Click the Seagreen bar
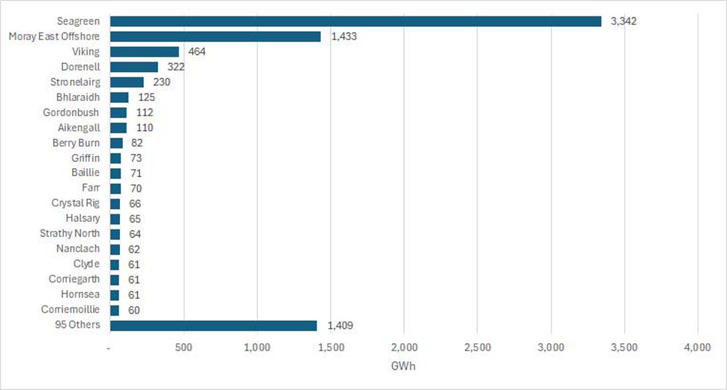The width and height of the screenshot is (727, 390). (355, 21)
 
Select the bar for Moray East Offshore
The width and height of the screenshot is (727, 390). (215, 36)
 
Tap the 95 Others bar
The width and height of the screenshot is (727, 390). (213, 325)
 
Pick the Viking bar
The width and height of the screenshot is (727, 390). (144, 51)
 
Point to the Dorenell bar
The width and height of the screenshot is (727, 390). (134, 67)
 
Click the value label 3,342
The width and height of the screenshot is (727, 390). (624, 21)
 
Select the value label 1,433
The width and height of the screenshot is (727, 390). (344, 36)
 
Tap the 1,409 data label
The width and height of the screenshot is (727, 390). (340, 325)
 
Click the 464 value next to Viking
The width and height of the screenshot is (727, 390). (197, 51)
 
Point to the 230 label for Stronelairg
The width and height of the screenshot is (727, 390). (162, 82)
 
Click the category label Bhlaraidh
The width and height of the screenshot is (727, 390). (78, 97)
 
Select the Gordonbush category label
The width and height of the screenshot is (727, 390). (71, 113)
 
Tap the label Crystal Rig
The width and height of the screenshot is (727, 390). (76, 203)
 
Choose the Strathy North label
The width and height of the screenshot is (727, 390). (70, 234)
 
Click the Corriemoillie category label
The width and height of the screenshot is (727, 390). (71, 309)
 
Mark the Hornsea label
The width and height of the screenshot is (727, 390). (80, 294)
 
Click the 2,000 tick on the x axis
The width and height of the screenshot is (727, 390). (404, 347)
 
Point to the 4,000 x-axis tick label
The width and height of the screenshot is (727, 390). (698, 347)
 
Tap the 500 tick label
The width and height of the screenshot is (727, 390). (184, 347)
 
